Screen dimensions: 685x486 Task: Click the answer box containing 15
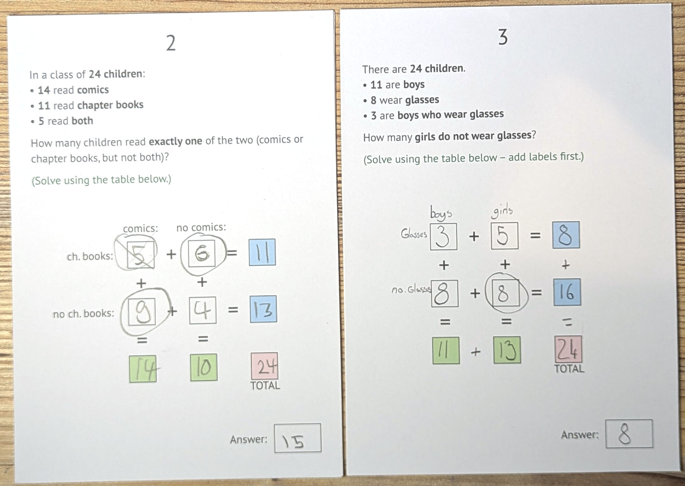click(298, 438)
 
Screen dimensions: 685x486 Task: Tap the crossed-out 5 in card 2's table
click(141, 255)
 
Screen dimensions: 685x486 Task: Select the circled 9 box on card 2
click(142, 311)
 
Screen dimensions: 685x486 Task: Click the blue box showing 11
click(262, 252)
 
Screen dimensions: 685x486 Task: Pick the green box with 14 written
click(143, 369)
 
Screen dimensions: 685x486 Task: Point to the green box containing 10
click(204, 367)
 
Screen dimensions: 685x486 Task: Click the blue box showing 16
click(567, 292)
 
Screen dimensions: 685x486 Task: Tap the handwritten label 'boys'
click(441, 212)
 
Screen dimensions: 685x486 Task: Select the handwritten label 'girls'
click(502, 211)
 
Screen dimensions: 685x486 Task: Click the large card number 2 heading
click(171, 43)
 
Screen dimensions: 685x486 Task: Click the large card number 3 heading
click(503, 37)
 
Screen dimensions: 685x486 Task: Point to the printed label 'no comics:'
click(201, 227)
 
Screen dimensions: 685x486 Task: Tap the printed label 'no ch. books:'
click(84, 314)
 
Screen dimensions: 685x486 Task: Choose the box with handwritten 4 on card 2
click(203, 310)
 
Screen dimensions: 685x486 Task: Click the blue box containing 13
click(263, 309)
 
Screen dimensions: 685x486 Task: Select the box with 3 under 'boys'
click(444, 236)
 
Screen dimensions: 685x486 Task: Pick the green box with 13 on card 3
click(507, 350)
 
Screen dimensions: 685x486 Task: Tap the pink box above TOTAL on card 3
click(568, 349)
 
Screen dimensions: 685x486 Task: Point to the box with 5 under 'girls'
click(505, 235)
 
